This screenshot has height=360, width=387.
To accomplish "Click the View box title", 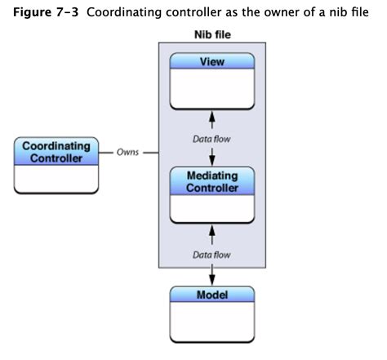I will pyautogui.click(x=211, y=62).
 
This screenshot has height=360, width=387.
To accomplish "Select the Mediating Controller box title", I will pyautogui.click(x=211, y=182).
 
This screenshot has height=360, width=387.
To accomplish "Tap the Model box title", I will pyautogui.click(x=211, y=294).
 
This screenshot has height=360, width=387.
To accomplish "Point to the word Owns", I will pyautogui.click(x=127, y=152).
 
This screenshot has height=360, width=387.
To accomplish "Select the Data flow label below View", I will pyautogui.click(x=211, y=140).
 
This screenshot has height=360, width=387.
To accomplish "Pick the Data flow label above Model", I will pyautogui.click(x=211, y=255).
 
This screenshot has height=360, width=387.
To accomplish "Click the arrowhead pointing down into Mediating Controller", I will pyautogui.click(x=211, y=159).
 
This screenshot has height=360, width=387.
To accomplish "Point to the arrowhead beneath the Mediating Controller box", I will pyautogui.click(x=211, y=232).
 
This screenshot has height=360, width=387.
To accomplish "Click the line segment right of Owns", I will pyautogui.click(x=149, y=152).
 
